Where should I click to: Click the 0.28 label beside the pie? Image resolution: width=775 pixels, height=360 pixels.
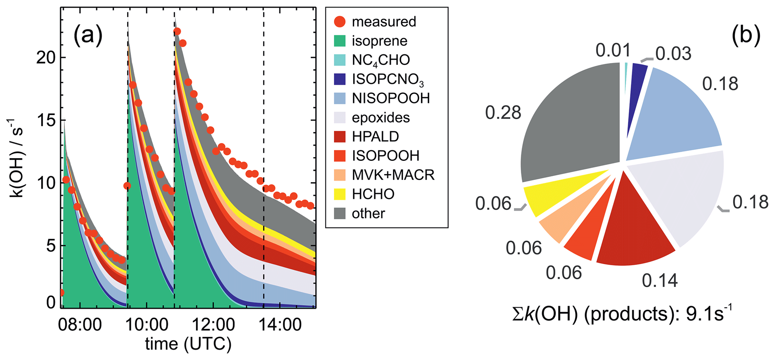tap(503, 112)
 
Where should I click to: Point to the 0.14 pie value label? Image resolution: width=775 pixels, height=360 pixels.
tap(660, 280)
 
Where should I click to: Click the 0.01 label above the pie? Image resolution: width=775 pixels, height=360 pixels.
tap(613, 50)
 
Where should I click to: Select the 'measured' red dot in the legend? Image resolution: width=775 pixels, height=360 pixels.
tap(339, 22)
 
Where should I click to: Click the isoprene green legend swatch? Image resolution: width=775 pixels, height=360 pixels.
tap(339, 41)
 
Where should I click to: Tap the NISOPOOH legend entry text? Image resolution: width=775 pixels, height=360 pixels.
tap(391, 98)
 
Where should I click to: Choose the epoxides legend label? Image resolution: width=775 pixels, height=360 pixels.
tap(381, 118)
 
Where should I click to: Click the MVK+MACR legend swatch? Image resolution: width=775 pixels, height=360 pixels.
tap(339, 175)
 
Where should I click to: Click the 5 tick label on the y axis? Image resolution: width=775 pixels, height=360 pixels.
tap(51, 246)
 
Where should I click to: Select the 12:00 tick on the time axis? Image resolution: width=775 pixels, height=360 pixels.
tap(213, 325)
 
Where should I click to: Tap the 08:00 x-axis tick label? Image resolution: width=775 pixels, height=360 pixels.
tap(79, 325)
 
